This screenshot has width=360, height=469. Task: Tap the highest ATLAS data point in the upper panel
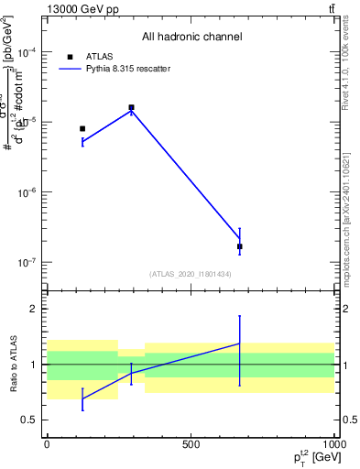[131, 107]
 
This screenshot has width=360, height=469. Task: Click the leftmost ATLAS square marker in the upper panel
[82, 129]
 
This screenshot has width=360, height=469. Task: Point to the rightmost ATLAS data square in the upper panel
[240, 246]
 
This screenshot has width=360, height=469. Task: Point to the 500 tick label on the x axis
[191, 444]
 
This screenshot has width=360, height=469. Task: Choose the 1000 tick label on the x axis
[333, 444]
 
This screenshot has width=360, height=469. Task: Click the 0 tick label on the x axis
[47, 444]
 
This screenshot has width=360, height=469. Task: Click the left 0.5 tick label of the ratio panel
[29, 420]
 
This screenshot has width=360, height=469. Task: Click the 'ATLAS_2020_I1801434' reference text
[191, 274]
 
